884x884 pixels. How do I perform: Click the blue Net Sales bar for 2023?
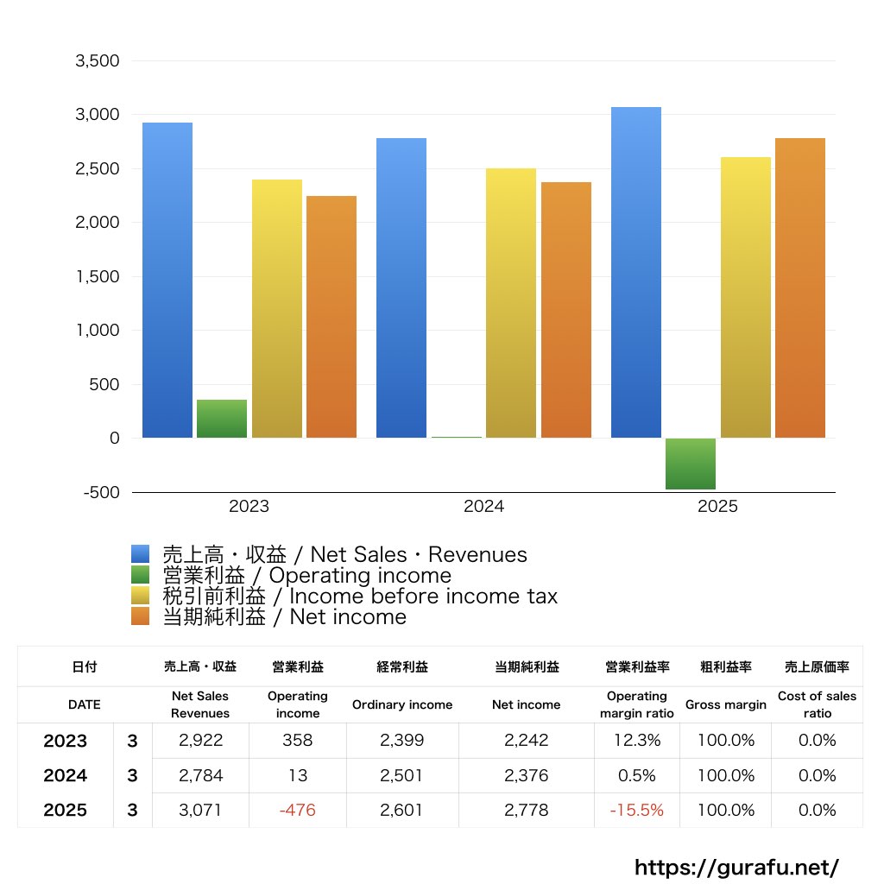coord(167,281)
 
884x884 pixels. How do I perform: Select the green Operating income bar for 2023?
coord(222,419)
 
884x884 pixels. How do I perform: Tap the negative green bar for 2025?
coord(690,464)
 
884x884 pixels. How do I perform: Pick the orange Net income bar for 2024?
coord(566,310)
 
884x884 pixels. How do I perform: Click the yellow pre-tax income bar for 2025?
coord(746,298)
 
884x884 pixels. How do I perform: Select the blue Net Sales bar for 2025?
coord(635,273)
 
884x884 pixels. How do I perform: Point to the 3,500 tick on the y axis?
coord(97,61)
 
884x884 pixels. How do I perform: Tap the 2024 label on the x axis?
coord(483,507)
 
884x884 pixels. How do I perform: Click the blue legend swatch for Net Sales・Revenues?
coord(141,554)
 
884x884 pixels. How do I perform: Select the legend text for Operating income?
coord(306,576)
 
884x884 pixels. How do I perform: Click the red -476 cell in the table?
coord(297,811)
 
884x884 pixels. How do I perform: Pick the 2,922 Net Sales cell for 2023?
coord(199,741)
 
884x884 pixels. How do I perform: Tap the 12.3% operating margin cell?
coord(636,741)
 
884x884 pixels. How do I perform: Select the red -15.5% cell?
coord(636,811)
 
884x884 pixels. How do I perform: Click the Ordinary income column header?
coord(401,704)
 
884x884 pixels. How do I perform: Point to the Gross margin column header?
coord(725,704)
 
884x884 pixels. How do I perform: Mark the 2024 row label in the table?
coord(66,776)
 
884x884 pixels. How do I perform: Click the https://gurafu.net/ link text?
coord(736,867)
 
